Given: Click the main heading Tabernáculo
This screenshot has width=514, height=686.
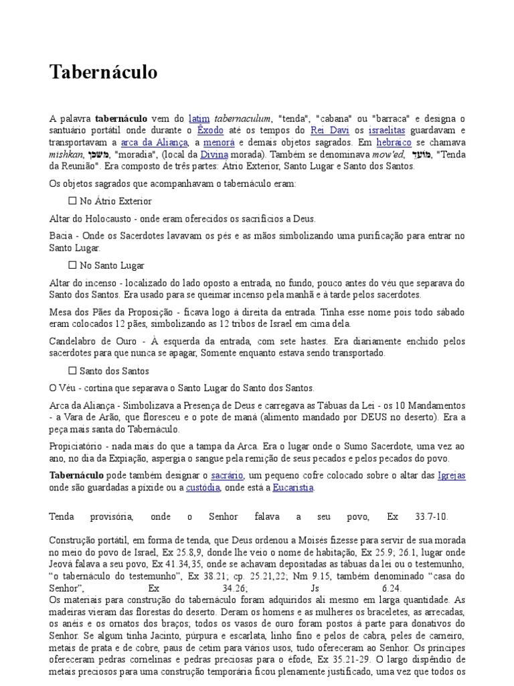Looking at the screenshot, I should [103, 72].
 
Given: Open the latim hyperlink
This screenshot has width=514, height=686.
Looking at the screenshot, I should [199, 119].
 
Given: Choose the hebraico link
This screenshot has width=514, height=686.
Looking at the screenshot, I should [394, 143].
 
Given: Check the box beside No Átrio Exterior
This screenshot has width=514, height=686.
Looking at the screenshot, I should [73, 201].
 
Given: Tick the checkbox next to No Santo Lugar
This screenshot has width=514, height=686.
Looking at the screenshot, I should [73, 265].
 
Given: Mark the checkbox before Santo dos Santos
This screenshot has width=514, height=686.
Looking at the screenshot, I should [73, 370].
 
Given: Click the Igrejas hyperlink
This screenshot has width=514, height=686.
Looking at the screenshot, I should [450, 476].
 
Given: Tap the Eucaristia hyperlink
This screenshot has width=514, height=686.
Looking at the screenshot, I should [292, 488].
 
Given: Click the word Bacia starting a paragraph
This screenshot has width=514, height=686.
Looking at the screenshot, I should [61, 236].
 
